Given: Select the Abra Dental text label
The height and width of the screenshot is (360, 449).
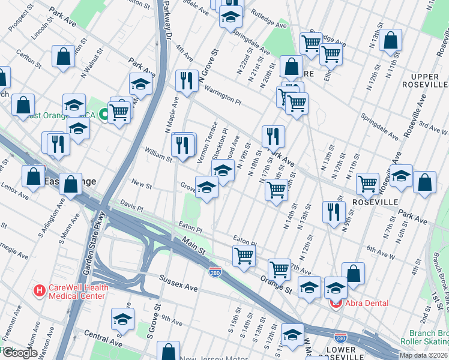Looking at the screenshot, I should coord(367,304).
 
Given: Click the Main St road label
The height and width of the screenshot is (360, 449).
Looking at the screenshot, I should coord(193,245).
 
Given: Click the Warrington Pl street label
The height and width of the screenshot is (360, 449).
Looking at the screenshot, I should coord(222,97).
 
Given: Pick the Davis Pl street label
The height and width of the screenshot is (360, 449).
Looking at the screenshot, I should coord(131,206).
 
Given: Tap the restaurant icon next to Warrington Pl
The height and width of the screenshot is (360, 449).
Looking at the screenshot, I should coord(187,81).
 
